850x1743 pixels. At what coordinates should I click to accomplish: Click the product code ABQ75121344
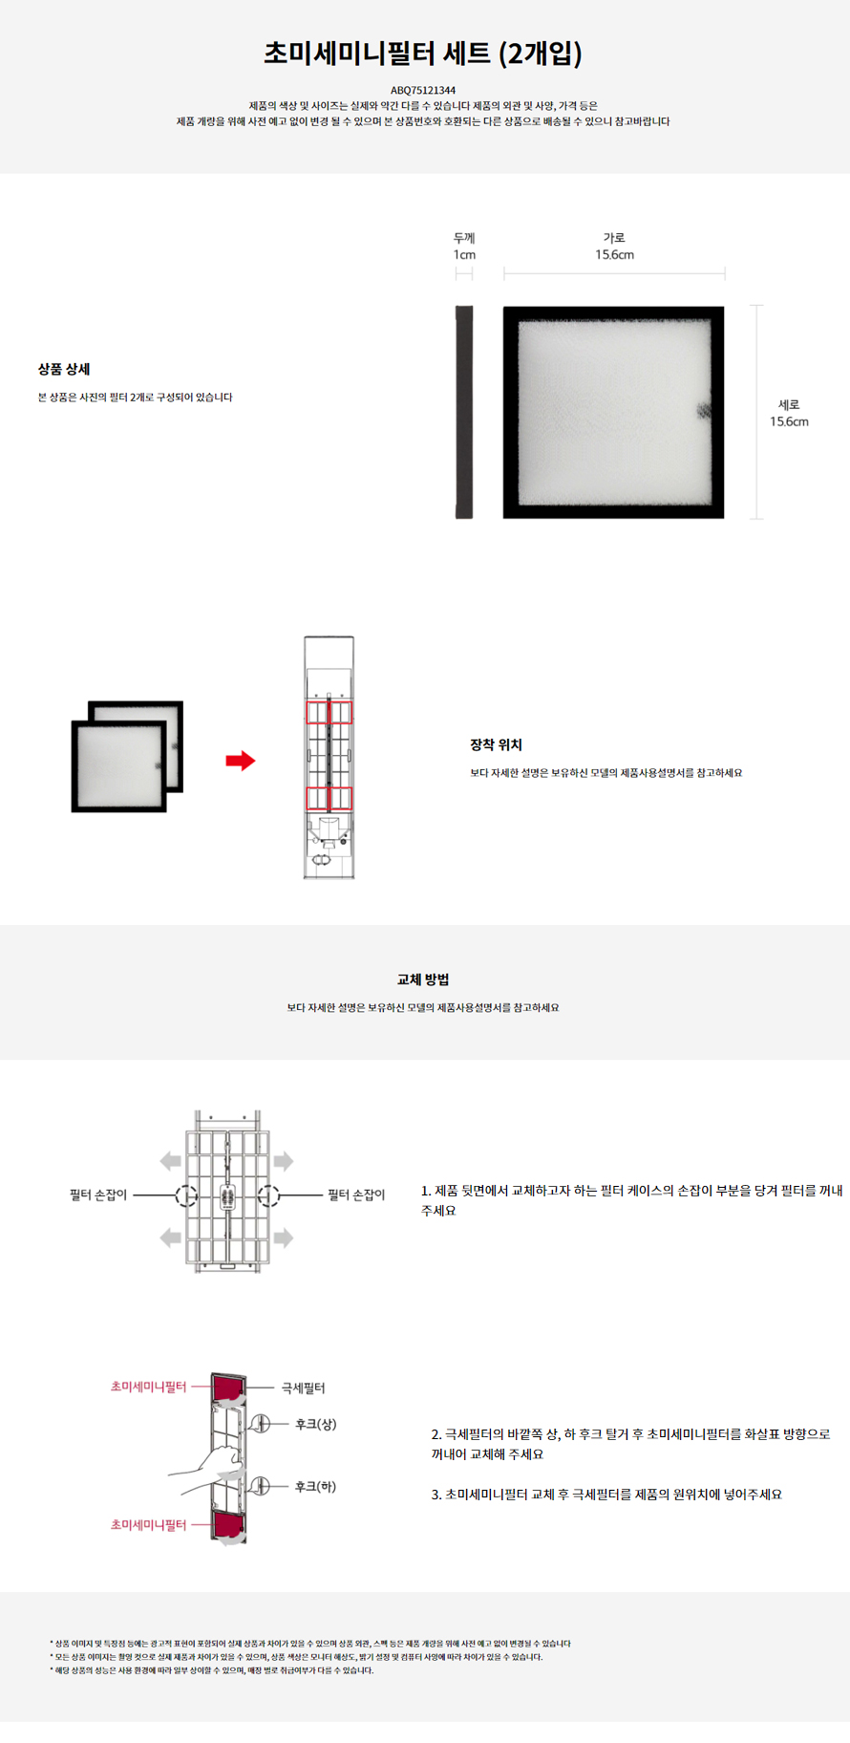(x=423, y=91)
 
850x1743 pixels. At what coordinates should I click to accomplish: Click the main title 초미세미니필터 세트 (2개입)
(x=423, y=53)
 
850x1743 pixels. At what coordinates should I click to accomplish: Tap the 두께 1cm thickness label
(x=464, y=246)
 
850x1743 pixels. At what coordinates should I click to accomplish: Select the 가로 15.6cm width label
(x=614, y=246)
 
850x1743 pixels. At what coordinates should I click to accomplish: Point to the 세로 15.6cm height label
(x=789, y=413)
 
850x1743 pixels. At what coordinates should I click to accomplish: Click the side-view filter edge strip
(x=464, y=412)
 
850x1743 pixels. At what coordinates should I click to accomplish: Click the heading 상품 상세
(x=64, y=369)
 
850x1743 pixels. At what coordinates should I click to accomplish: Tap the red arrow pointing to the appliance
(x=241, y=761)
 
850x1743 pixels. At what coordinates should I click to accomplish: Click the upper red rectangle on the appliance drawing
(x=329, y=712)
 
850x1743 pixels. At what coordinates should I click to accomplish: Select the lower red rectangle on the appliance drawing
(x=329, y=798)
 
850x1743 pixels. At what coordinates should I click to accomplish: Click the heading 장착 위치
(x=496, y=744)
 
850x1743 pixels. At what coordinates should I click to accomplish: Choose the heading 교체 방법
(x=423, y=979)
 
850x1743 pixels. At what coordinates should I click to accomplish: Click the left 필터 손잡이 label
(x=98, y=1194)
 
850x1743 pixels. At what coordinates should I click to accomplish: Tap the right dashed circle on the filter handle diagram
(x=268, y=1195)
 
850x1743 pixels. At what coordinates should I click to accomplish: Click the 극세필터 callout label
(x=303, y=1388)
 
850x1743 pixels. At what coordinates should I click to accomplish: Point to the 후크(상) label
(x=315, y=1424)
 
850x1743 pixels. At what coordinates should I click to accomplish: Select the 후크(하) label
(x=315, y=1486)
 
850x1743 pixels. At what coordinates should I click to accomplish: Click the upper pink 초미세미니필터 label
(x=148, y=1386)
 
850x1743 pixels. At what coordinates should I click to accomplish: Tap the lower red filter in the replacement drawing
(x=229, y=1525)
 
